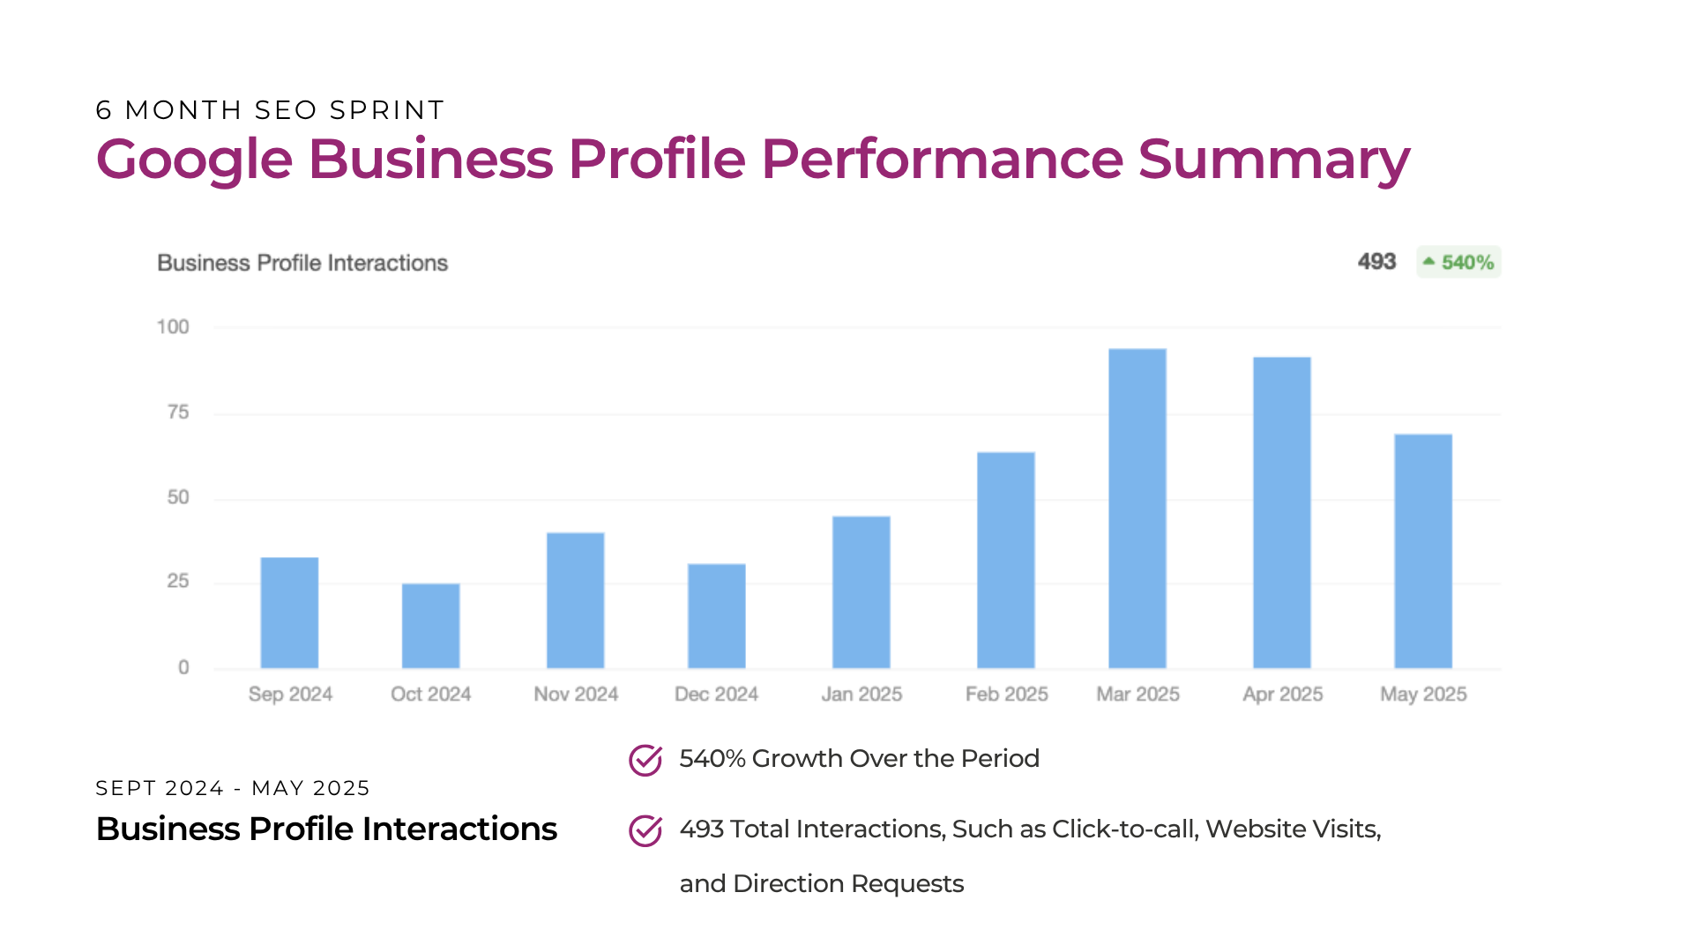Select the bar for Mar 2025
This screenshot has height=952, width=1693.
1137,509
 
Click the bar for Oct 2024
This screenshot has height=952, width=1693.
430,626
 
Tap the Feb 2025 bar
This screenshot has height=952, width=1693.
1005,561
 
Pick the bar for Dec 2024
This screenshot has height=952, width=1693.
716,616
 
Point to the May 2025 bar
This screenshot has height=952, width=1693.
1422,551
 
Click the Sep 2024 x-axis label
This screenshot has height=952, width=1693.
290,695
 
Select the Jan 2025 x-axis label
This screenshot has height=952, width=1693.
861,695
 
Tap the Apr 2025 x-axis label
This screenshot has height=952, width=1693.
1282,695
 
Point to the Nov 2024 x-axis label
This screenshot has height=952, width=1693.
576,695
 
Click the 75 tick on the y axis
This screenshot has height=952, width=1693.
178,413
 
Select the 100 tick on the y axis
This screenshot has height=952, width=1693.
173,327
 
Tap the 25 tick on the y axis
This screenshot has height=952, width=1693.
178,581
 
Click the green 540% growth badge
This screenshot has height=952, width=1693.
1458,263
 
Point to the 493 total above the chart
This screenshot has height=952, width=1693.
1376,262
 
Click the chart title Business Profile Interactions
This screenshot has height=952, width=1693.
302,263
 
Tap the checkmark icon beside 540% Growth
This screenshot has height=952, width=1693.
645,760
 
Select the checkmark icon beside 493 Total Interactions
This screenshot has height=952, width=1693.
645,830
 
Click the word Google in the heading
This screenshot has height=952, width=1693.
194,160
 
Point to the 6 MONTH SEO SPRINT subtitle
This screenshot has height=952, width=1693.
270,110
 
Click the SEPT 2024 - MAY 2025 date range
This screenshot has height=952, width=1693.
233,788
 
